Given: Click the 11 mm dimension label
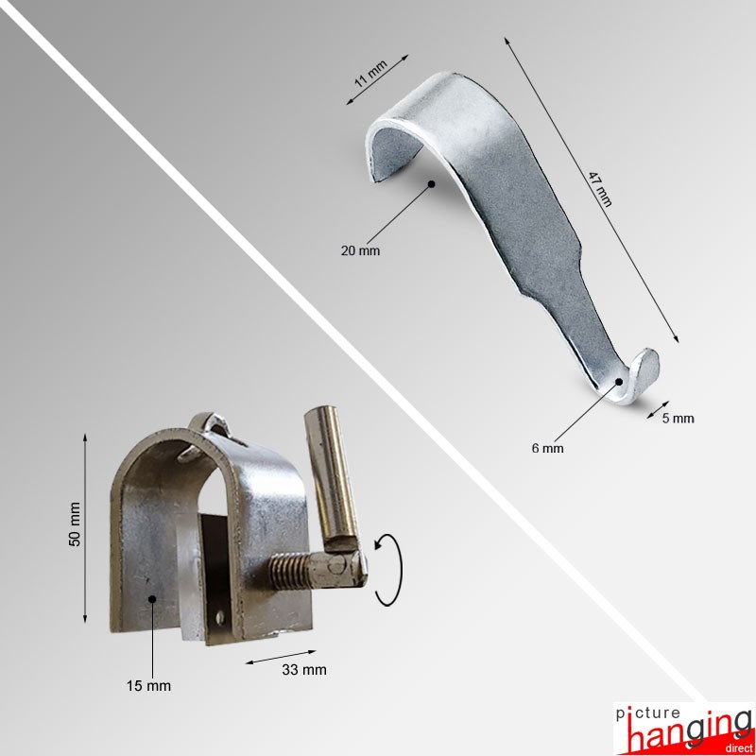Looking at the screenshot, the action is (370, 74).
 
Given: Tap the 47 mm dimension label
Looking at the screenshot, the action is (600, 189).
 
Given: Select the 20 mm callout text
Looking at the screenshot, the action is (360, 250).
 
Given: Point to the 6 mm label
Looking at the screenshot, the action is (547, 448).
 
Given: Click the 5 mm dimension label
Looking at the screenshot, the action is (678, 418).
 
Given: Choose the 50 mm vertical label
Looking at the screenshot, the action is (75, 524).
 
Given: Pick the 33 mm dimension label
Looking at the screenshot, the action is (304, 670).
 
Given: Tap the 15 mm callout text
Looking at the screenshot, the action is (148, 686).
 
